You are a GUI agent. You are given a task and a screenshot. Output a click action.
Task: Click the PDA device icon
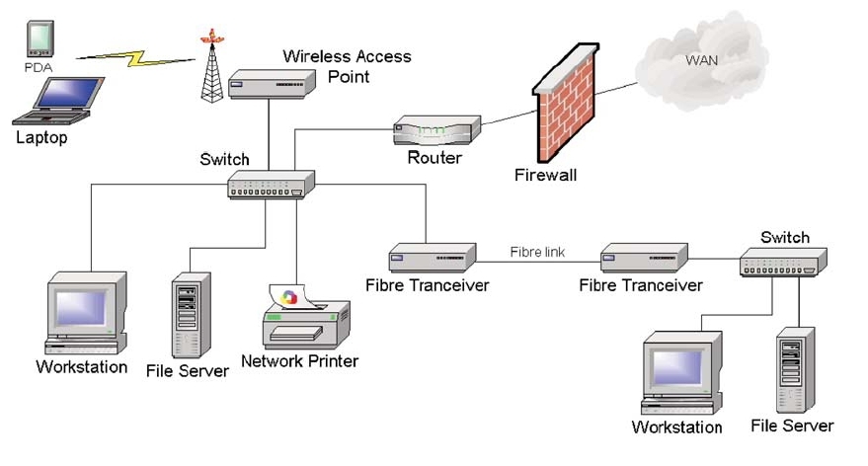point(39,41)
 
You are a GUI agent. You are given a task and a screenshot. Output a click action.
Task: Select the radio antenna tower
point(210,67)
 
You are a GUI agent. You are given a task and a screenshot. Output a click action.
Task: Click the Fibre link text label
point(537,253)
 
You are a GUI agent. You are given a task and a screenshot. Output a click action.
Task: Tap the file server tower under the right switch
point(793,371)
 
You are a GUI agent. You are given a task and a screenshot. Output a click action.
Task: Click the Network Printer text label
point(299,361)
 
